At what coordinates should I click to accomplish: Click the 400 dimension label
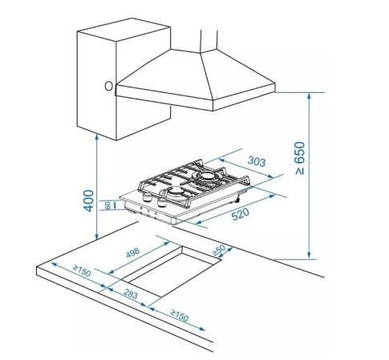pos(89,200)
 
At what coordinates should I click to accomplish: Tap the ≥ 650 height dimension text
pos(300,158)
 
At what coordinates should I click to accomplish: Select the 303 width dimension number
pos(257,161)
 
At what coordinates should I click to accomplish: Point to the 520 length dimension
pos(240,214)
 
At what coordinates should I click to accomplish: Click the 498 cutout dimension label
pos(133,253)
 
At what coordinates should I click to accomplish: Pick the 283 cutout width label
pos(131,293)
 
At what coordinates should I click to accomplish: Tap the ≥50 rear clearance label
pos(219,250)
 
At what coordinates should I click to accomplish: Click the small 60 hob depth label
pos(107,205)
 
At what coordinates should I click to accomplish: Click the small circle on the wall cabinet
pos(108,86)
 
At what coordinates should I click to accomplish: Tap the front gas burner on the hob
pos(176,191)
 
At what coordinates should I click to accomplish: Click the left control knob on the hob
pos(147,198)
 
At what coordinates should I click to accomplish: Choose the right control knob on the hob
pos(161,203)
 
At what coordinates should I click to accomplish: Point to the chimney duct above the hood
pos(209,40)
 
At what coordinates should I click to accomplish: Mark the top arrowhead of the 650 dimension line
pos(310,95)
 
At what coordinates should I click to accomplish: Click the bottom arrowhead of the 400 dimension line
pos(97,237)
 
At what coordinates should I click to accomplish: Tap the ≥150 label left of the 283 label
pos(83,270)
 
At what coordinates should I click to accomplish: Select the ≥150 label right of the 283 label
pos(180,315)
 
